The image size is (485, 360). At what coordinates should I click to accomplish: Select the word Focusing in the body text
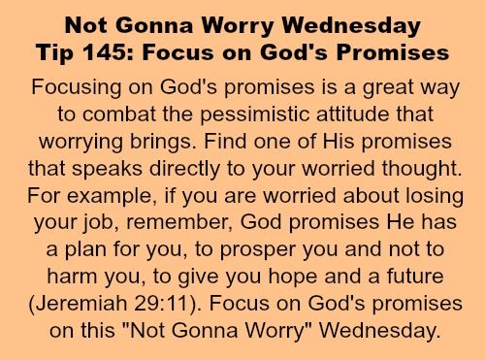pyautogui.click(x=77, y=88)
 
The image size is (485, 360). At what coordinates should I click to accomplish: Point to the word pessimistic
pyautogui.click(x=255, y=115)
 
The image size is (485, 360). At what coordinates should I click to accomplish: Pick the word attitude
pyautogui.click(x=353, y=115)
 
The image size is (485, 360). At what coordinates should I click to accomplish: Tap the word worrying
pyautogui.click(x=81, y=143)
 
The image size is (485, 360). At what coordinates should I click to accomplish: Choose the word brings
pyautogui.click(x=162, y=143)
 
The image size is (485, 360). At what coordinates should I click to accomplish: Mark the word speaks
pyautogui.click(x=108, y=170)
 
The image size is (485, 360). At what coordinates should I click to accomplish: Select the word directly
pyautogui.click(x=184, y=170)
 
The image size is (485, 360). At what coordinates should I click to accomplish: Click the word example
pyautogui.click(x=110, y=197)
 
